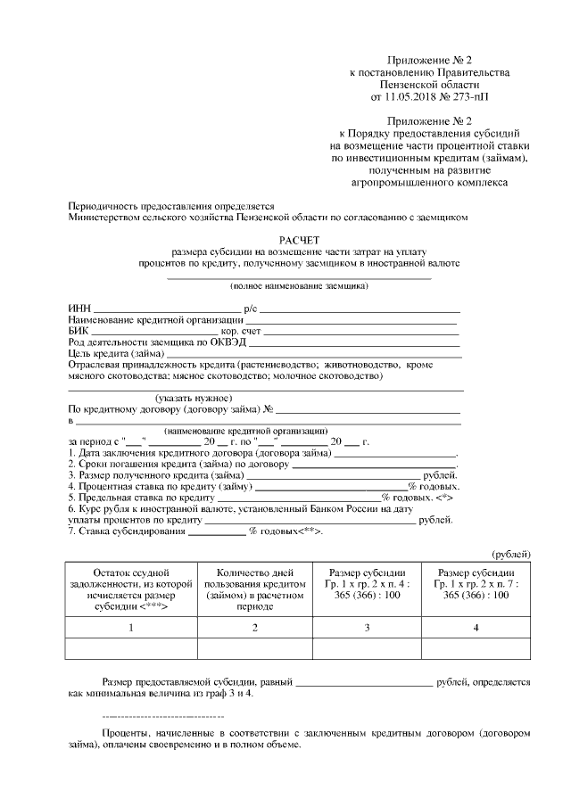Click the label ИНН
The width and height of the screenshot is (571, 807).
pyautogui.click(x=78, y=308)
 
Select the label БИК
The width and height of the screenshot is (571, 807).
pyautogui.click(x=78, y=331)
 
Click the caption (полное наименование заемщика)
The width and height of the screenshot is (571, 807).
pyautogui.click(x=299, y=286)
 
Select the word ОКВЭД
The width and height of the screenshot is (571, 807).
pyautogui.click(x=227, y=342)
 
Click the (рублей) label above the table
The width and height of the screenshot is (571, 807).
pyautogui.click(x=511, y=555)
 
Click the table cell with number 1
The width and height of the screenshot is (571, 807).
pyautogui.click(x=131, y=628)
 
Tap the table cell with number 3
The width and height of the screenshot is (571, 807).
pyautogui.click(x=367, y=628)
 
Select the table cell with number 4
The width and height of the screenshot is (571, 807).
pyautogui.click(x=476, y=628)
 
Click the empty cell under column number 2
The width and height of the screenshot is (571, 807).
pyautogui.click(x=254, y=648)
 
